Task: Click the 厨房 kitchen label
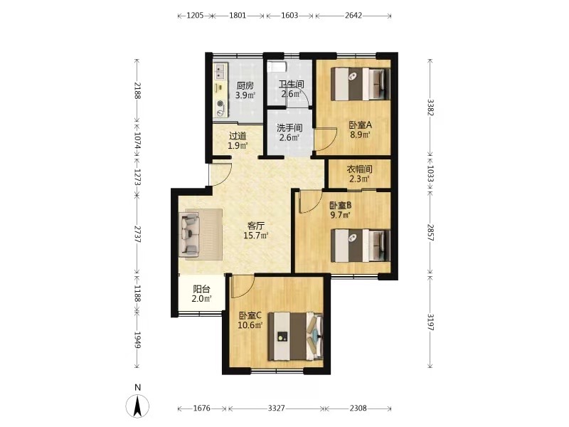pos(245,85)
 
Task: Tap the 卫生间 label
pos(292,84)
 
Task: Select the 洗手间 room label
pos(289,128)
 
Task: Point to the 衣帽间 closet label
pos(359,169)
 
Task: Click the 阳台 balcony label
pos(201,289)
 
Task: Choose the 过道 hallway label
pos(238,136)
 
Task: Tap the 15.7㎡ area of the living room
pos(255,236)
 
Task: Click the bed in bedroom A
pos(361,84)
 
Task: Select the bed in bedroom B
pos(361,245)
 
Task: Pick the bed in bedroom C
pos(295,336)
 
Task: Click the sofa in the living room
pos(189,234)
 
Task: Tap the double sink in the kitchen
pos(220,71)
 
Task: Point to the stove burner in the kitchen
pos(220,104)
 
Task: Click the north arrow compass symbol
pos(137,405)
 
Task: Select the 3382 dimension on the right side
pos(430,107)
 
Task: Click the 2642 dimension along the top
pos(353,15)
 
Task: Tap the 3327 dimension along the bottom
pos(277,408)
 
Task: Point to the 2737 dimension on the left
pos(137,234)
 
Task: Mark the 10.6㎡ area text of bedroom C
pos(250,325)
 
